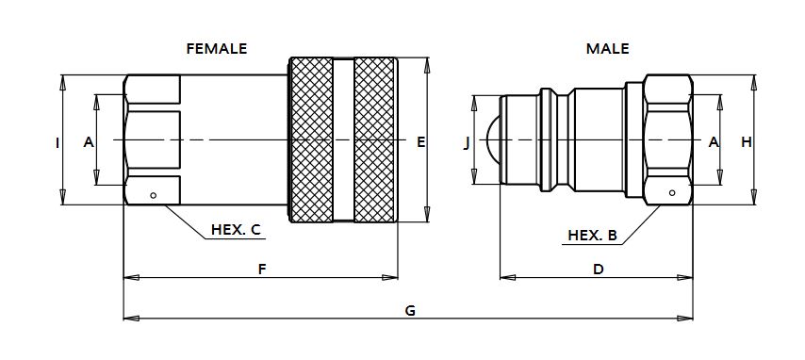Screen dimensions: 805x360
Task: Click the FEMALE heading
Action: coord(216,49)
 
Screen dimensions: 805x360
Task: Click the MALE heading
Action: coord(607,49)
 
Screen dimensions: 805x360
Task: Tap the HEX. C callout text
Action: coord(237,230)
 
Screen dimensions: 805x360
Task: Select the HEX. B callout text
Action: coord(592,236)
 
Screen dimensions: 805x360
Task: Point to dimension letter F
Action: coord(262,270)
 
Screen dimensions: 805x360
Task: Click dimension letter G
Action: coord(410,311)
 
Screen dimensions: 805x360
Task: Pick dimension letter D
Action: coord(599,270)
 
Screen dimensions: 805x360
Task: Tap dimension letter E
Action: coord(421,142)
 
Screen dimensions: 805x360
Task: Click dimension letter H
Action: coord(746,142)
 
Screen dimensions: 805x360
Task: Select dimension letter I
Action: coord(57,142)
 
